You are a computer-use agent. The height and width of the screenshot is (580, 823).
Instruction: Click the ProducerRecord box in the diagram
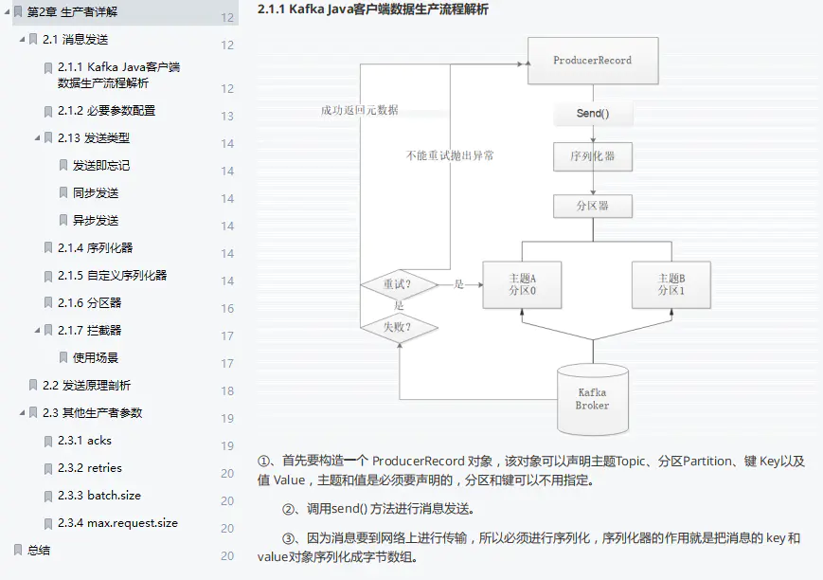coord(592,61)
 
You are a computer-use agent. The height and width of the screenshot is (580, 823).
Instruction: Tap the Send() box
coord(593,114)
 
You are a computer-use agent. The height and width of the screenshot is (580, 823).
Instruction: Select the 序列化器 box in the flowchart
coord(593,156)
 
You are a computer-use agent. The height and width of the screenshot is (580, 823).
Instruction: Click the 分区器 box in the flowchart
coord(593,206)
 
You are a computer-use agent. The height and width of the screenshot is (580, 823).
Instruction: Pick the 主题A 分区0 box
coord(522,284)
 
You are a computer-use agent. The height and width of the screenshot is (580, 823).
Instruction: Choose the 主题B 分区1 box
coord(671,284)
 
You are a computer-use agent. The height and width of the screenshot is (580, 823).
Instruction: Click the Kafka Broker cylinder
coord(592,397)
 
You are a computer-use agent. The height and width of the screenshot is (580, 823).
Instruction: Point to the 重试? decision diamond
coord(398,283)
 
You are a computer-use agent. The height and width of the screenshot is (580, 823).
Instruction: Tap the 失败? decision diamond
coord(398,328)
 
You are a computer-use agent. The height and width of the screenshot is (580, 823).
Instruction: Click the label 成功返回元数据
coord(360,110)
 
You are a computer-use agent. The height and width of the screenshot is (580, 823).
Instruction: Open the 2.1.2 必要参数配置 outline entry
coord(106,111)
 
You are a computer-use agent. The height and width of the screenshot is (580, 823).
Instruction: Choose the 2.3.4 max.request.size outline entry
coord(117,523)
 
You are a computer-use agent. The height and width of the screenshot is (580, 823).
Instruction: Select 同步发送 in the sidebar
coord(96,193)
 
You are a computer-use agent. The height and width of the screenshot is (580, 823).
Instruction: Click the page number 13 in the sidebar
coord(227,117)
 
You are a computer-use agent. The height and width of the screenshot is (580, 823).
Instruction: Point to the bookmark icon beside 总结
coord(17,550)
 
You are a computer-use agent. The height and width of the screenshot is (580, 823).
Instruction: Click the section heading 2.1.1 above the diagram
coord(373,9)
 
